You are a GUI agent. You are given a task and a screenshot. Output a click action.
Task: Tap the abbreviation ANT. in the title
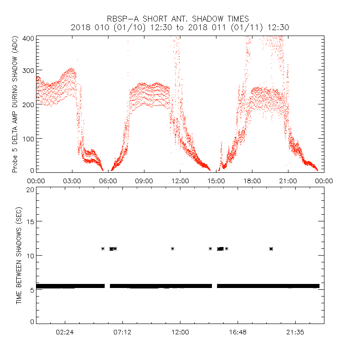coord(184,19)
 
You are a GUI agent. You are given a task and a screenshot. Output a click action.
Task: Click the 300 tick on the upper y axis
coord(28,71)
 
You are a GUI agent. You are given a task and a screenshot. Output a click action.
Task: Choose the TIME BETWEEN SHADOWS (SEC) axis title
coord(19,256)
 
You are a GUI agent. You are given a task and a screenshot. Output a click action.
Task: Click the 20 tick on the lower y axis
coord(30,189)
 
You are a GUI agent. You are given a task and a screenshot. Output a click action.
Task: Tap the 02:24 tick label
coord(65,332)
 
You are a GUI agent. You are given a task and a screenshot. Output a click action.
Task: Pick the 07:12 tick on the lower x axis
coord(122,332)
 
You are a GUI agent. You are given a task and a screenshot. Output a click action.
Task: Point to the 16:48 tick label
coord(238,332)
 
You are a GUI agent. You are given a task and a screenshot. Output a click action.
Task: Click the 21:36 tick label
coord(295,332)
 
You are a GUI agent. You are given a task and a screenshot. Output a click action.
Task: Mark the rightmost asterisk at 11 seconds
coord(271,248)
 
